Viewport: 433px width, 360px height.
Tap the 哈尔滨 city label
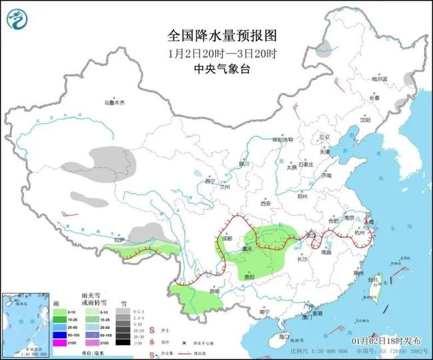pyautogui.click(x=379, y=79)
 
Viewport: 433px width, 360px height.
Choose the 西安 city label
pyautogui.click(x=267, y=203)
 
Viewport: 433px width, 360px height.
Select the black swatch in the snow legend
pyautogui.click(x=122, y=343)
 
